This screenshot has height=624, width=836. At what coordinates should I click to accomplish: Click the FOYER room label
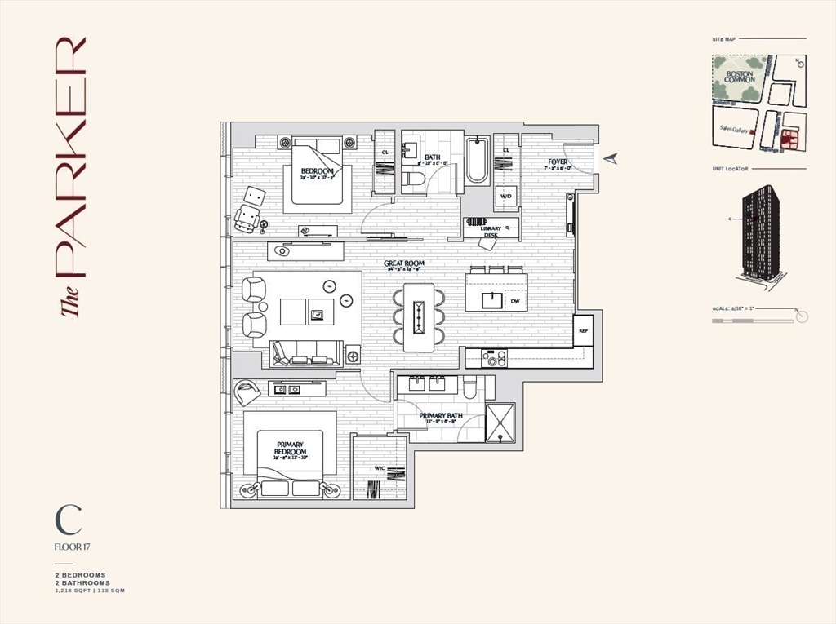[x=558, y=162]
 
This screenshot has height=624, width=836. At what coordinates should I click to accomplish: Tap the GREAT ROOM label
[x=402, y=263]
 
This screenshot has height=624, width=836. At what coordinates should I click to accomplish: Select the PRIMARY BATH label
[x=441, y=416]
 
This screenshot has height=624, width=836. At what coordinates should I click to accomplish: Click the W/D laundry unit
[x=505, y=197]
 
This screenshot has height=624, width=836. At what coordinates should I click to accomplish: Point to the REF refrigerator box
[x=583, y=331]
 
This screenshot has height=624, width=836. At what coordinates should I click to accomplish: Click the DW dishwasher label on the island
[x=514, y=301]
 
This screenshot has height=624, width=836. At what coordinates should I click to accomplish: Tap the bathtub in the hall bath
[x=477, y=161]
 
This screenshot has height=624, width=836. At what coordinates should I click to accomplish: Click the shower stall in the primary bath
[x=500, y=423]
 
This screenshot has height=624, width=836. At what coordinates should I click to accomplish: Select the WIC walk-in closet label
[x=380, y=468]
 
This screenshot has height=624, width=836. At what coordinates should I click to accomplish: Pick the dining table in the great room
[x=419, y=317]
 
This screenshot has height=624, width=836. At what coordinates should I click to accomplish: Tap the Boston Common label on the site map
[x=740, y=77]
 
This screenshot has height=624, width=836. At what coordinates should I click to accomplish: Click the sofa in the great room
[x=306, y=352]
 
